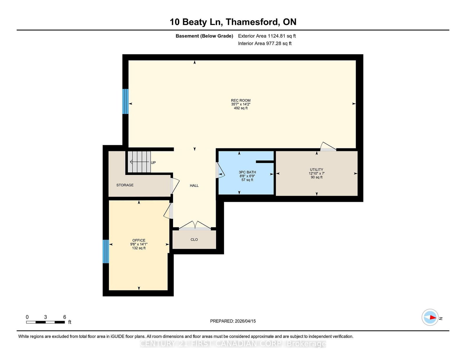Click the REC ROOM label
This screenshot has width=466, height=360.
[x=241, y=100]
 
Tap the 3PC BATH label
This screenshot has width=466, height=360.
[x=247, y=172]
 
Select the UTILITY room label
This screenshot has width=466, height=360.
[x=317, y=169]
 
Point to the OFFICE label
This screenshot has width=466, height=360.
[x=139, y=240]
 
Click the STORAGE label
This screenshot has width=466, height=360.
[x=125, y=185]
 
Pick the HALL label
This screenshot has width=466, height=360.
[x=194, y=186]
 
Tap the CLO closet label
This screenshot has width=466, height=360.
[x=194, y=240]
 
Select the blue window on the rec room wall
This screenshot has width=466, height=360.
[x=126, y=101]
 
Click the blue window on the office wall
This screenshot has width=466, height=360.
[x=106, y=251]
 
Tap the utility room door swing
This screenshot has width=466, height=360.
[x=328, y=147]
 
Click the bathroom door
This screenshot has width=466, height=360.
[x=220, y=170]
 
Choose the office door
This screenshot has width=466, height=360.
[x=168, y=211]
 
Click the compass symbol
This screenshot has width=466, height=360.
[x=430, y=318]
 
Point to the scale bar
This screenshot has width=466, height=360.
[x=45, y=322]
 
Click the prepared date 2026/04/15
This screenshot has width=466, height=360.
[x=245, y=321]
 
